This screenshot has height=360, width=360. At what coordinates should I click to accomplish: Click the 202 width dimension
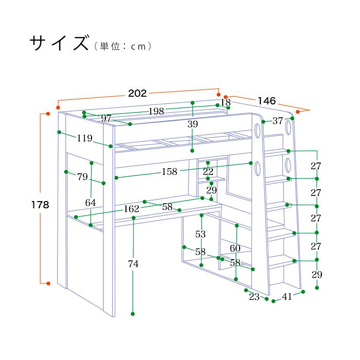pos(137,93)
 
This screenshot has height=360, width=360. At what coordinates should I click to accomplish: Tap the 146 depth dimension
pos(267,100)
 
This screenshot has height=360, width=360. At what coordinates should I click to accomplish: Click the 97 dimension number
pos(106,119)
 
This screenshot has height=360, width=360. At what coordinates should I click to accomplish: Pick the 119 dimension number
pos(84,138)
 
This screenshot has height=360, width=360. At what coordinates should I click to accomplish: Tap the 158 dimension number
pos(170,172)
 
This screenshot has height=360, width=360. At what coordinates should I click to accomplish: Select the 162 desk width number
pos(132,209)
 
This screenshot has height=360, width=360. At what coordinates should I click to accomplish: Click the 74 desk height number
pos(133,264)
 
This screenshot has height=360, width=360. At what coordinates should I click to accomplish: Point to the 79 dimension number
pos(83,177)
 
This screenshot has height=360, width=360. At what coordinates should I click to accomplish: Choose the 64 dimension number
pos(91,203)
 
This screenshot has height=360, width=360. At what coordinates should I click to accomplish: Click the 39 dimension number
pos(192,124)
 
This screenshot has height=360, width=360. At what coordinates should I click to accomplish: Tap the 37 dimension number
pos(278,121)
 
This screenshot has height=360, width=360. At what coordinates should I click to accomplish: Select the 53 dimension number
pos(201,234)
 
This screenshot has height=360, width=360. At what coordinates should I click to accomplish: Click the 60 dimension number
pos(236,248)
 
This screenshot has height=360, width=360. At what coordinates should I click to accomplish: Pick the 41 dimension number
pos(286,296)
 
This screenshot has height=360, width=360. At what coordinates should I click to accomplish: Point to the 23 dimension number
pos(254,296)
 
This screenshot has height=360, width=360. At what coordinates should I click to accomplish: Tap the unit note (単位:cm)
pos(122,46)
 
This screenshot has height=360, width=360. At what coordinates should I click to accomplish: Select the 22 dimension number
pos(208,171)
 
